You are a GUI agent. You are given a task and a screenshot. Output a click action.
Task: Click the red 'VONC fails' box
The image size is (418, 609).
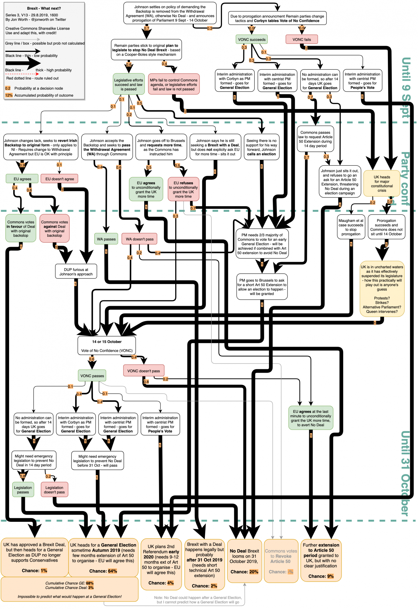(x=301, y=40)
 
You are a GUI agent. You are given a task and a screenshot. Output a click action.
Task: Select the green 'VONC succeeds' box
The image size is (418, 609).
(x=251, y=40)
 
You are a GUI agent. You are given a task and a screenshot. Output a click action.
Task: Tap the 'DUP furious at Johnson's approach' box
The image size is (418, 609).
(x=76, y=272)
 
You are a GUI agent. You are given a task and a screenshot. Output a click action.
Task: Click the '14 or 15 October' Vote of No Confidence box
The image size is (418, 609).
(x=107, y=346)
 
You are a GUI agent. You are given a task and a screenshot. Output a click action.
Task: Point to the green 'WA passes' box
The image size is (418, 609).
(x=106, y=239)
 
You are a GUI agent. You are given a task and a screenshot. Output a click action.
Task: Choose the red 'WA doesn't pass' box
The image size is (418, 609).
(x=140, y=239)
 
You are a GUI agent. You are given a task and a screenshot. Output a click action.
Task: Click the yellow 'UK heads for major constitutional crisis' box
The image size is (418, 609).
(x=382, y=184)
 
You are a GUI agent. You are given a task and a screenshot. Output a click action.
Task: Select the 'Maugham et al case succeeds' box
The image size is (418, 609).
(x=351, y=227)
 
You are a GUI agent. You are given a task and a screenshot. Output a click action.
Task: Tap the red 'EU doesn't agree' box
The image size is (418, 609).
(x=59, y=179)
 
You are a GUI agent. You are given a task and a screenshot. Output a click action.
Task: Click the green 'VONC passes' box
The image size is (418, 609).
(x=92, y=376)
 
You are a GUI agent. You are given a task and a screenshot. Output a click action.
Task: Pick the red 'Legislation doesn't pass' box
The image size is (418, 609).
(x=54, y=490)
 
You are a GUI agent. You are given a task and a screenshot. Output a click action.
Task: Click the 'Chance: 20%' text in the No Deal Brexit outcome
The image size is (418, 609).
(x=244, y=572)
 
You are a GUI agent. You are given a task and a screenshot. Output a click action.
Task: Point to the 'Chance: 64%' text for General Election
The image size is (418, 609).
(x=103, y=571)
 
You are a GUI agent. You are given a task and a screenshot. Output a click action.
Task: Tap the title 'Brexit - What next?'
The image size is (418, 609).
(x=44, y=8)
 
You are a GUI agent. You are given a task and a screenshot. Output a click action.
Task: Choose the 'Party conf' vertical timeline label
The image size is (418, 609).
(x=405, y=178)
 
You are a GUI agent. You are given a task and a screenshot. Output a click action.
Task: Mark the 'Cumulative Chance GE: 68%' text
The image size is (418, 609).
(x=69, y=583)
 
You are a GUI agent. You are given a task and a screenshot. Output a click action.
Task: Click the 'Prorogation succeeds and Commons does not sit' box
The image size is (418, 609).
(x=386, y=227)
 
